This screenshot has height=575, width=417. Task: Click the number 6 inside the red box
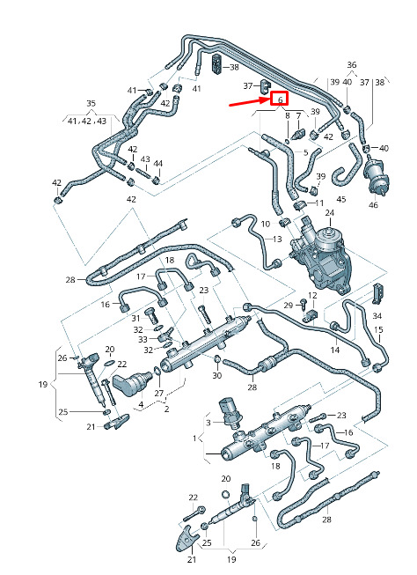coord(280,99)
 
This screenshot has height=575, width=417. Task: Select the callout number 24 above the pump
coord(329,213)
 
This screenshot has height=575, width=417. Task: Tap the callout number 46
coord(373,204)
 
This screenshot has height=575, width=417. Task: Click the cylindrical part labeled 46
coord(377,176)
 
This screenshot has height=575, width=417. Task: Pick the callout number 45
coord(341,200)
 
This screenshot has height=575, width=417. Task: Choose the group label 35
coord(91,103)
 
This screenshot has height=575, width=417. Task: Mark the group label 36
coord(351,65)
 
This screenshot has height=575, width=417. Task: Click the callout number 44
coord(158,164)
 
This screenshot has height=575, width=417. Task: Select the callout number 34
coord(377,316)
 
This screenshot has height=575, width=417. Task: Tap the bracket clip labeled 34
coord(377,294)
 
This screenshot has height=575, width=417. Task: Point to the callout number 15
coord(378,330)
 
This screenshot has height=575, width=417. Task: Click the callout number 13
coord(277,240)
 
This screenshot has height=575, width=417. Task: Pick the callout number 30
coord(217,375)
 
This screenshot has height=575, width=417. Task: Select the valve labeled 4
coord(132,384)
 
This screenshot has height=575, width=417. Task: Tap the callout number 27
coord(158,394)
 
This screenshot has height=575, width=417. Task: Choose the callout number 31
coord(135,318)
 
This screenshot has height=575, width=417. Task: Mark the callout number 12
coord(312,296)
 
